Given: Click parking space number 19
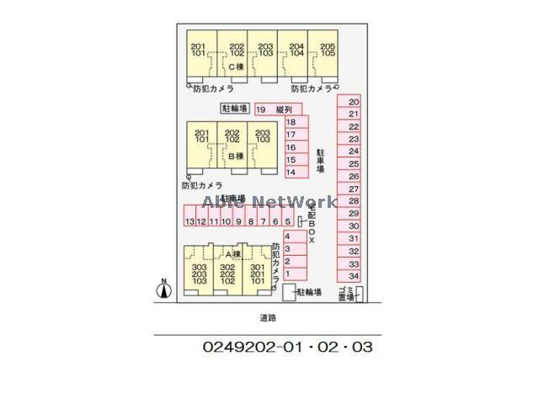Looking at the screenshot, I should pos(261,109).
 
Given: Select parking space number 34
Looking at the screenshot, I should pos(355,275).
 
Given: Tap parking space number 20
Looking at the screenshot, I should pos(355,101).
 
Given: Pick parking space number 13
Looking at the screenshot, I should pos(189,221).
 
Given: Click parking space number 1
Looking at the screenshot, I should pos(288,274).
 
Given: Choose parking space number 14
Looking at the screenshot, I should pos(291,172).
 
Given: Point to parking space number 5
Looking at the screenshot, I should pos(288,221).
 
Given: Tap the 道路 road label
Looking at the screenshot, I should pos(268,318).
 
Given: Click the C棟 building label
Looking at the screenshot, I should pos(234,65).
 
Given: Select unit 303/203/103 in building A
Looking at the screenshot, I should pos(199,273).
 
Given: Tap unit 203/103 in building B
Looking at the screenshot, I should pos(262,138).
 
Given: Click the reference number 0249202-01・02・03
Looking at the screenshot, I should pos(287,346).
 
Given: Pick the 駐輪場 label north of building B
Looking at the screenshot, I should pos(235,109).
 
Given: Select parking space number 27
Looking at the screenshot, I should pos(355,189).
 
